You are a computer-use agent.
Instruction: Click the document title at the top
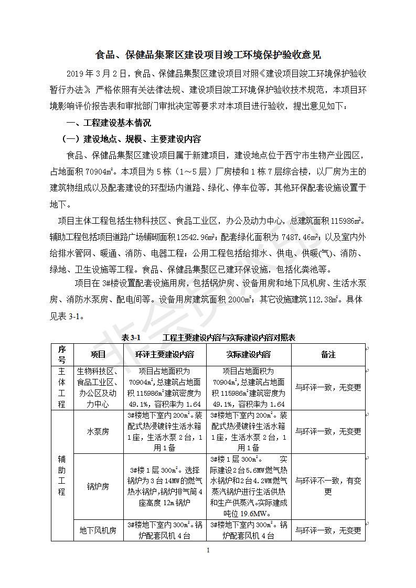208,55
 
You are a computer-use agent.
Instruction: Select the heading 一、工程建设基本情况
107,123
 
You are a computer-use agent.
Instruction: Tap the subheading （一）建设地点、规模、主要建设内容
131,139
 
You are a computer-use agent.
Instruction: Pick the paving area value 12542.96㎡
197,237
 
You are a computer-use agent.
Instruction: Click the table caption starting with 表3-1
208,338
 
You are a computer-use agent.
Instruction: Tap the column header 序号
62,355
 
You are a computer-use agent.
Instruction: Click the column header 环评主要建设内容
164,355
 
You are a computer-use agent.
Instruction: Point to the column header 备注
328,355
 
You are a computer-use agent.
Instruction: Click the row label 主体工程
62,388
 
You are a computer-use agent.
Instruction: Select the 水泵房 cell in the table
98,432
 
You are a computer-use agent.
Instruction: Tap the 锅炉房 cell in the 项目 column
98,486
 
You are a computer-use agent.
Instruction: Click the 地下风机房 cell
98,530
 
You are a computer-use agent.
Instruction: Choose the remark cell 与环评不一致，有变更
328,486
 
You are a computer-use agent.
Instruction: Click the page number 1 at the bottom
208,550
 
